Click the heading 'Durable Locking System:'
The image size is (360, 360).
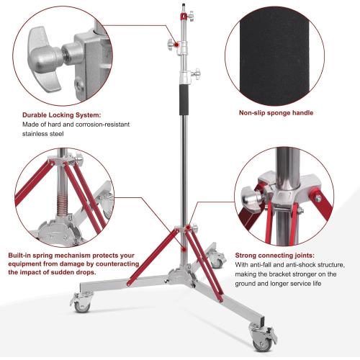(x=61, y=114)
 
